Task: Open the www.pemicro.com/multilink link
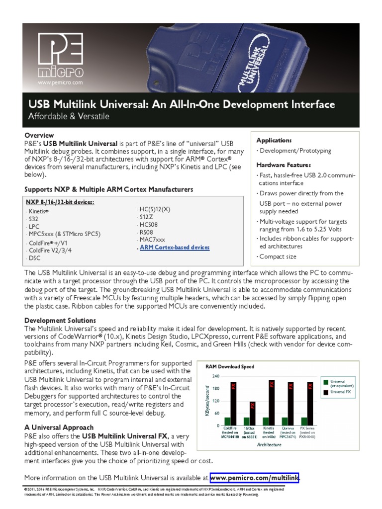254,478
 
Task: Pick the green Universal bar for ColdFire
227,422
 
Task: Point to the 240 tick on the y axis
215,376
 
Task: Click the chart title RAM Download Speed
230,367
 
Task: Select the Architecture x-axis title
269,444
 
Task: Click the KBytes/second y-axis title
208,401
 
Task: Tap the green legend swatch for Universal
326,383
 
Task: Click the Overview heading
39,135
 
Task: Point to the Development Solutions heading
60,321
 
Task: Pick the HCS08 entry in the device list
149,224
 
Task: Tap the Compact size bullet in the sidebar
278,256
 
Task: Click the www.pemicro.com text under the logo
60,83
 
